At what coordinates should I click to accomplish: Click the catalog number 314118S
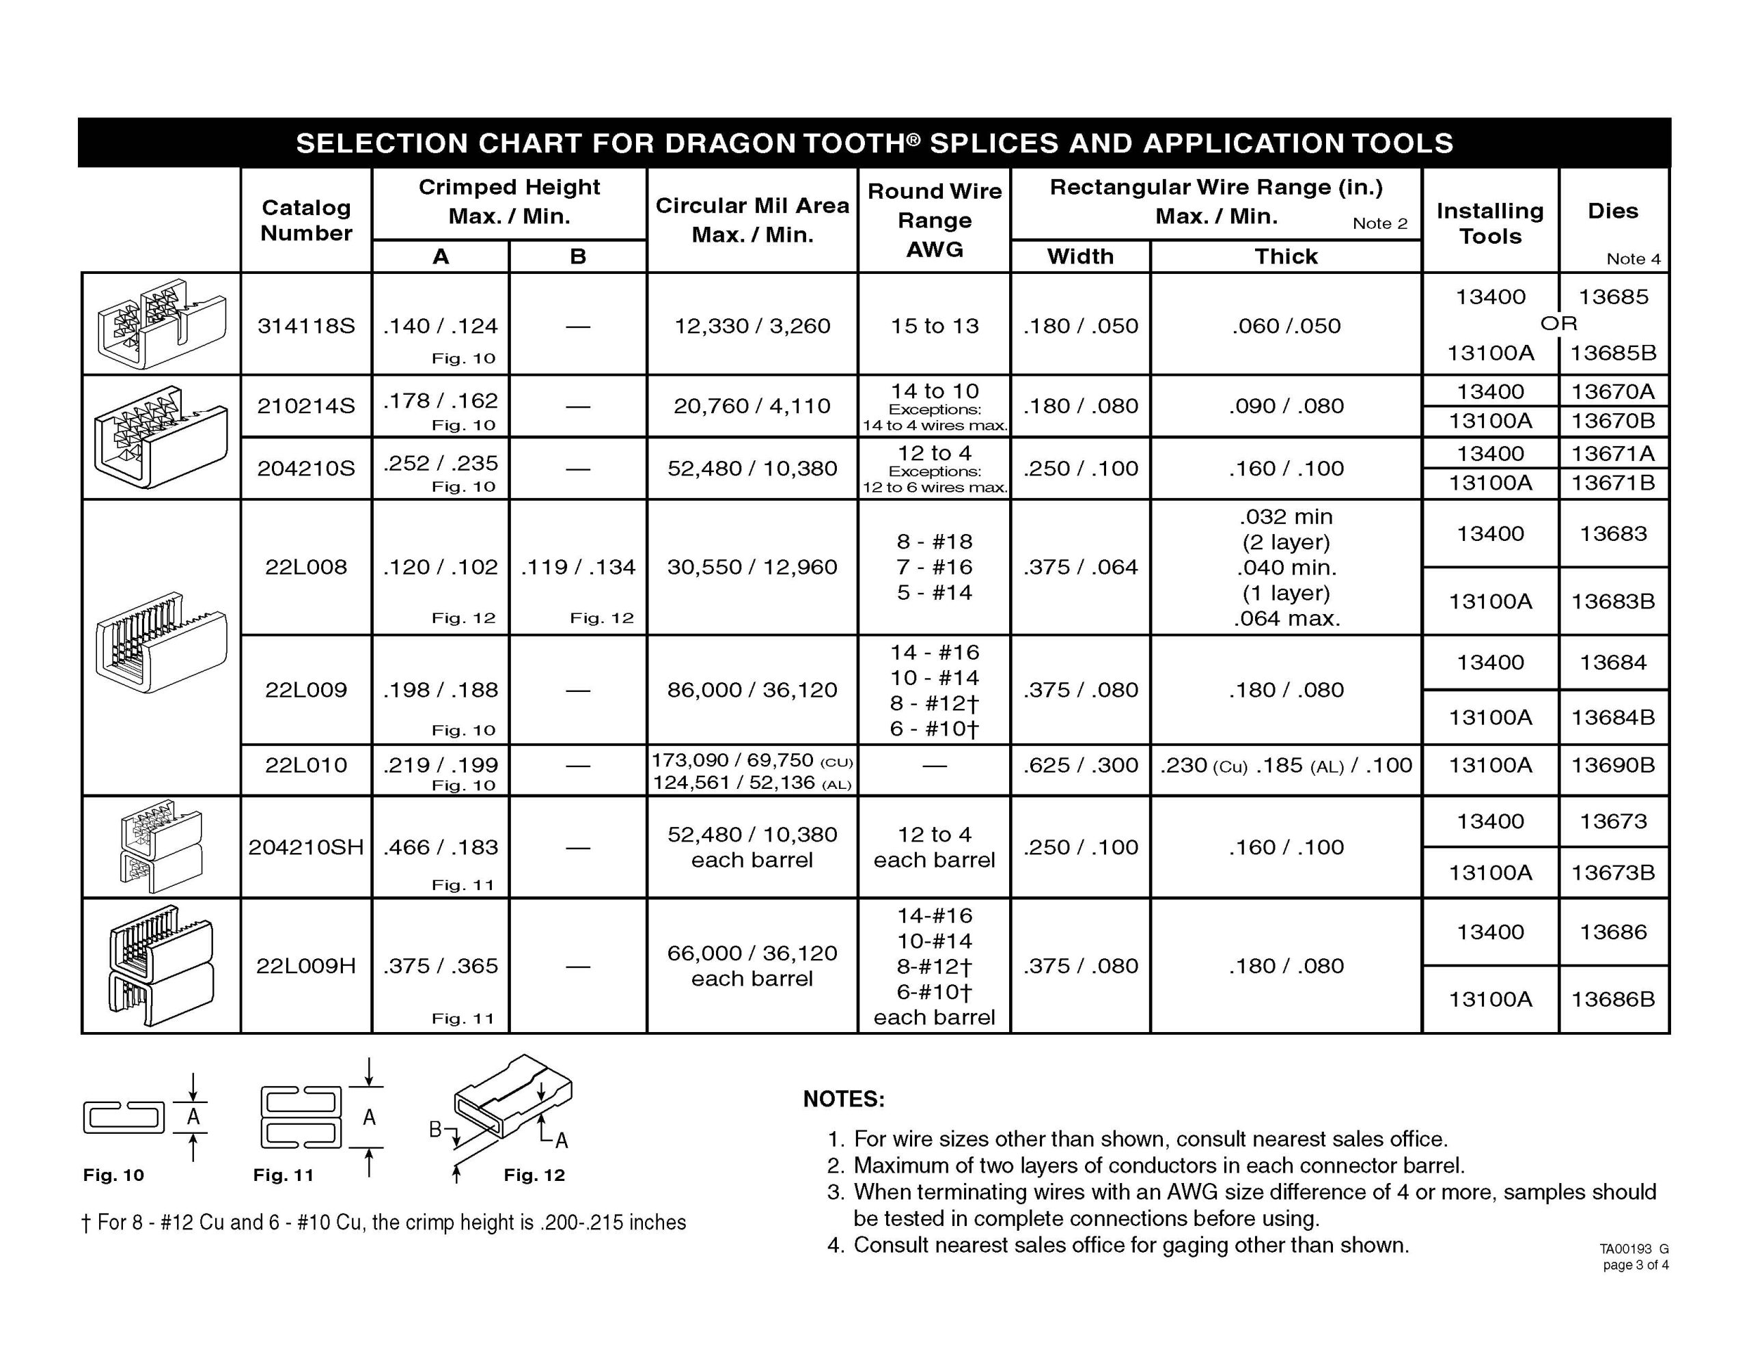306,326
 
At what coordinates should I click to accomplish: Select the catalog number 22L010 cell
306,766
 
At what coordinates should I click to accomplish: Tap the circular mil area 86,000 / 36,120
752,690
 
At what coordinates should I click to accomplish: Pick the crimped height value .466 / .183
441,848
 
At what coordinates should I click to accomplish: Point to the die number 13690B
1613,766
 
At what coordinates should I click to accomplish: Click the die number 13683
1613,534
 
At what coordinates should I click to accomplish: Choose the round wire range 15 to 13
935,326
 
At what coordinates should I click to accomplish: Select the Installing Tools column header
1489,223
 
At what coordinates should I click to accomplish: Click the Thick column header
1285,256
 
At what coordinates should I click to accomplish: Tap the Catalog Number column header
306,220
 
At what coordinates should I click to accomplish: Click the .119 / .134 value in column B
577,567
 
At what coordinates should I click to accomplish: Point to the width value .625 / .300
1080,766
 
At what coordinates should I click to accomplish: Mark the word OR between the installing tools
1558,324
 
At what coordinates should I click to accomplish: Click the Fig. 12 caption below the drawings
534,1175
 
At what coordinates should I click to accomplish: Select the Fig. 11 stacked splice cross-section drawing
301,1117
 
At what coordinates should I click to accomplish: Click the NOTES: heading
844,1099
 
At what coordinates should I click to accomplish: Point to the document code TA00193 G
1634,1249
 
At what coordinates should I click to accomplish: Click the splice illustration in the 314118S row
160,324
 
